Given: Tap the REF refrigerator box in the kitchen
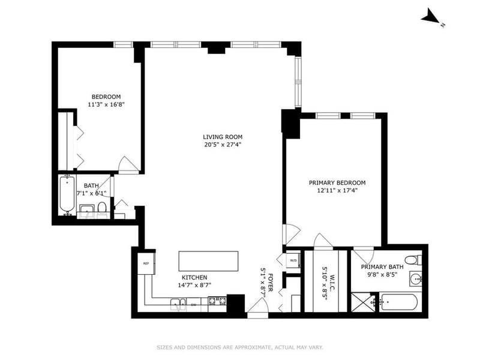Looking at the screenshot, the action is [146, 263].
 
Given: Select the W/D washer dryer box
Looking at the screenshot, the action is [293, 260].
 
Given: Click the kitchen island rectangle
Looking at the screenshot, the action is [208, 261].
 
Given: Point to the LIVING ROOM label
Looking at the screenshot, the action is [223, 137].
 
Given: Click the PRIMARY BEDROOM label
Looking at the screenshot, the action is [337, 183].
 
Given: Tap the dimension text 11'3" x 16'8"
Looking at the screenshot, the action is [106, 104].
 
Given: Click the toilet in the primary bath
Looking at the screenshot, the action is [413, 260].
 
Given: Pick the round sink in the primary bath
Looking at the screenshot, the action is [416, 279].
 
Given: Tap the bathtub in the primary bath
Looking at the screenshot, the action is [398, 302].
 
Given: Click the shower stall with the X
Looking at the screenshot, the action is [363, 302].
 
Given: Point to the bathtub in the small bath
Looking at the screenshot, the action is [67, 194].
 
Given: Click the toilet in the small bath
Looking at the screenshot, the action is [102, 209].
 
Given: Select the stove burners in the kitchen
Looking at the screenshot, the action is [217, 301].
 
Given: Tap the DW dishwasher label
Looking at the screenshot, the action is [193, 305].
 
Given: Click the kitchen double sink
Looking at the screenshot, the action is [178, 304].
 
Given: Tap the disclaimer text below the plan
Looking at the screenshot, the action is [240, 347].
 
